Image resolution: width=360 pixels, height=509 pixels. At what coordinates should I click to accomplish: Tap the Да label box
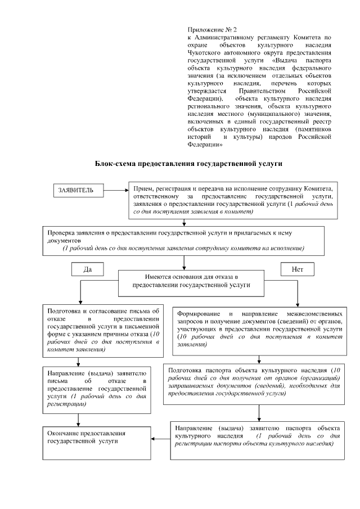coord(87,269)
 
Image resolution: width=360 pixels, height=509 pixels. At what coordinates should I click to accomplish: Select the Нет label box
coord(298,269)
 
